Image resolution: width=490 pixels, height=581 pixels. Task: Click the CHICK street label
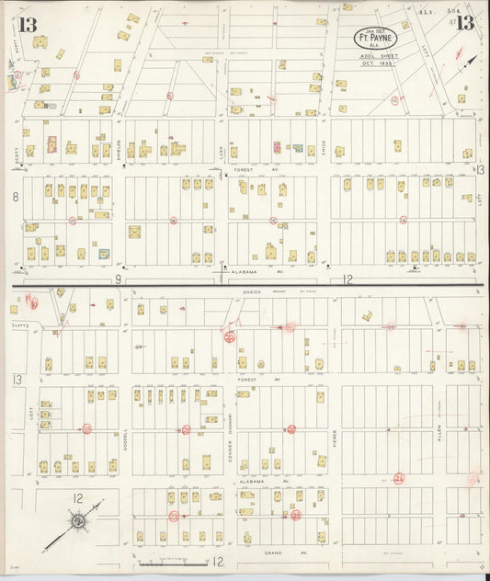coord(325,142)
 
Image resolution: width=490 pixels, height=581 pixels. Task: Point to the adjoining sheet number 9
coord(118,279)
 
